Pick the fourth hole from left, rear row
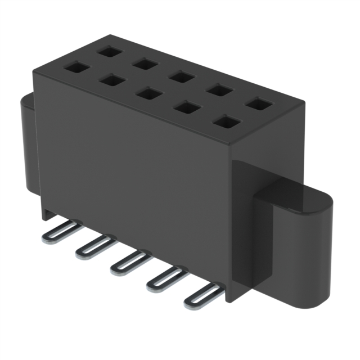220,90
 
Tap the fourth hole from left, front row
186,107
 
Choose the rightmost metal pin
201,294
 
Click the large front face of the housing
129,169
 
